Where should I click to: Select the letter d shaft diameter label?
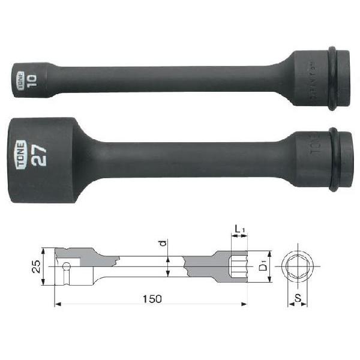(163, 245)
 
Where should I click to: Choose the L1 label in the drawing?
(239, 229)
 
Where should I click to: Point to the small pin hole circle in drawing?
(65, 266)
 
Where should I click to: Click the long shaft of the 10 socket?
(168, 79)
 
